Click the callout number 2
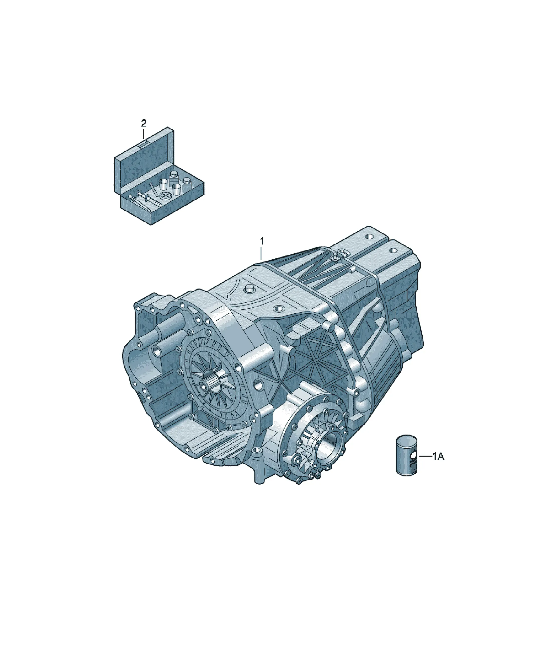144,123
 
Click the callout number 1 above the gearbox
262,241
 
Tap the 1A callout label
439,456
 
